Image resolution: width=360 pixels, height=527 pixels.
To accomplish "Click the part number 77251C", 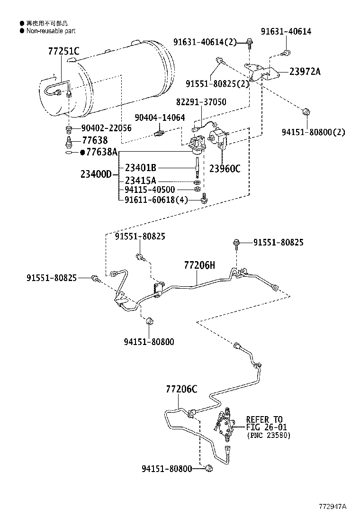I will pos(63,51).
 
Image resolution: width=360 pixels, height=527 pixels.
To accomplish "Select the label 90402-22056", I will pos(106,128).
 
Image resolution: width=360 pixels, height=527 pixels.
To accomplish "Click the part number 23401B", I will pos(141,167).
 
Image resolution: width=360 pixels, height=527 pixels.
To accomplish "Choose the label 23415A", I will pos(141,181).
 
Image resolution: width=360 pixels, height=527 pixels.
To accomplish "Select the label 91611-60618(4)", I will pos(156,200).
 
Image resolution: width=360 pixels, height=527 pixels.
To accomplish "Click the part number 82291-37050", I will pos(201,102).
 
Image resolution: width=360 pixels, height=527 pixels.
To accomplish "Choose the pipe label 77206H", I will pos(199,265).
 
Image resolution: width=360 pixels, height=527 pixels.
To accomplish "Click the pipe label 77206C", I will pos(181,389).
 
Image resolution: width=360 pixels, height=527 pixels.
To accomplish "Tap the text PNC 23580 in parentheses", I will pos(269,436).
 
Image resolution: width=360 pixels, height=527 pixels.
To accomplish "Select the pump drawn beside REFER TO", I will pos(226,424).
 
